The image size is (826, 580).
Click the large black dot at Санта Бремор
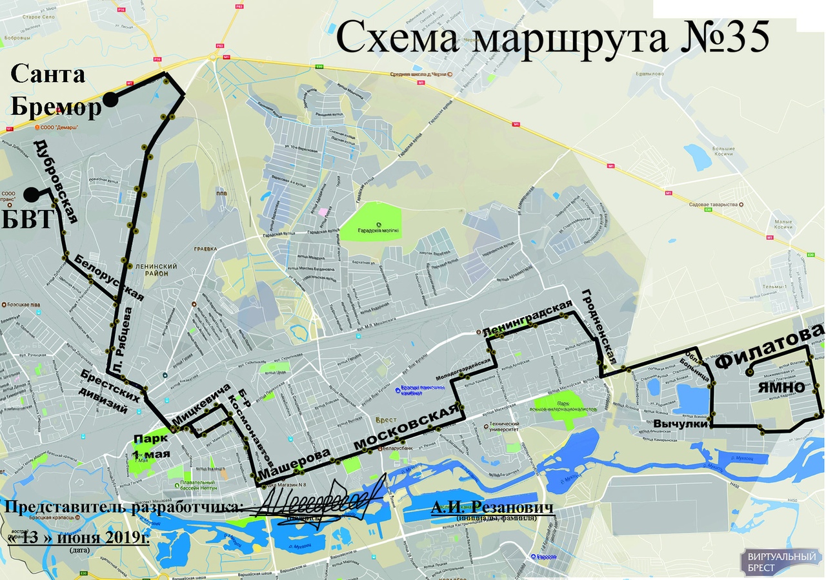pos(111,99)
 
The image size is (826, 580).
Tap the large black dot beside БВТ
pos(31,193)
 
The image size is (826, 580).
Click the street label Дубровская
pos(55,181)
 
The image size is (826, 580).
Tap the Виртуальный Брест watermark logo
pos(781,562)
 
